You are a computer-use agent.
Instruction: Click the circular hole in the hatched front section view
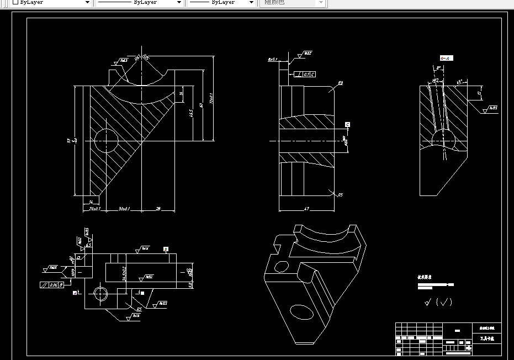106,141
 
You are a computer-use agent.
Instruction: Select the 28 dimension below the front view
158,209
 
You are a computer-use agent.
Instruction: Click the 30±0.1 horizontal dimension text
124,209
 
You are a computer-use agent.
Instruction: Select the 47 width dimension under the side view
307,209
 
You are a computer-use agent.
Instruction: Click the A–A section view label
446,58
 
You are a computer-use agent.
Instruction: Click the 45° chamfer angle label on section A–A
459,82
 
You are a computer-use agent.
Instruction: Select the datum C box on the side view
347,124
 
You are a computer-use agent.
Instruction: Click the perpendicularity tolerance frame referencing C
305,73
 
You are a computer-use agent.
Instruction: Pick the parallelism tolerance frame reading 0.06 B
52,285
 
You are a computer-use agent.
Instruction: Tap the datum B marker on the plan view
166,250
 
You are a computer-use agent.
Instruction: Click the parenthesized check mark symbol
443,302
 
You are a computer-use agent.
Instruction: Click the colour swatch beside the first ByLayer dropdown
15,3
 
